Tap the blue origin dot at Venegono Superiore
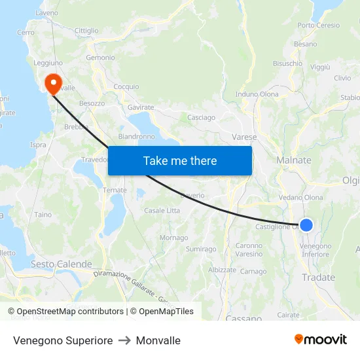(306, 225)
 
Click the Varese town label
(244, 137)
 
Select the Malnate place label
(294, 160)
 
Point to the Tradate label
(318, 278)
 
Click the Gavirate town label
(141, 107)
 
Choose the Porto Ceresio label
(319, 26)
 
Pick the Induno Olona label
(257, 94)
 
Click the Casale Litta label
(162, 210)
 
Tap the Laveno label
(46, 12)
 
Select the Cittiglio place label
(86, 31)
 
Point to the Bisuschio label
(287, 63)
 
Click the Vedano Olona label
(300, 197)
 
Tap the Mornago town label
(173, 238)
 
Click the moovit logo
(321, 339)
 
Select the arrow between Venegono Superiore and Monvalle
(124, 340)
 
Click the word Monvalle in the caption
(158, 340)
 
